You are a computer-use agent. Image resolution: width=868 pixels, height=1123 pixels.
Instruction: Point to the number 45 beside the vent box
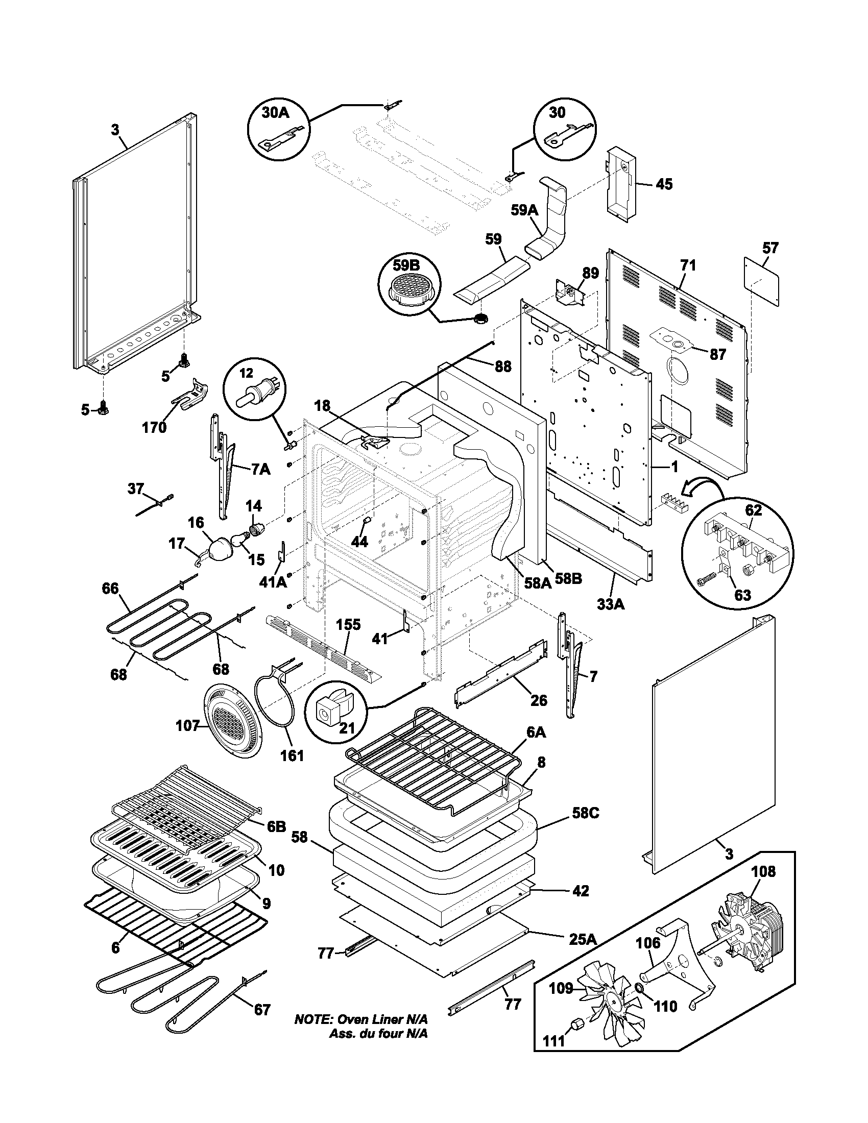coord(664,184)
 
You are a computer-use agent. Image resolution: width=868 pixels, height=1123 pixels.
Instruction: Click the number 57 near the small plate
coord(770,248)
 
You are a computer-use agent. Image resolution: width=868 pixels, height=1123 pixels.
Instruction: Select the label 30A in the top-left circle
coord(276,113)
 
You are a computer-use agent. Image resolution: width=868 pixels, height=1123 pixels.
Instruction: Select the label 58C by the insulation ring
coord(585,814)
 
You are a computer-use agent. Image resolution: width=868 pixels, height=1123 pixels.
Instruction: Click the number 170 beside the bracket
coord(154,427)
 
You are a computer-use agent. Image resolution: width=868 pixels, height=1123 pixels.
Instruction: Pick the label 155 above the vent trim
coord(349,625)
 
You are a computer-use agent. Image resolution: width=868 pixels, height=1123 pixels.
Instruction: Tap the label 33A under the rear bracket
coord(610,605)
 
